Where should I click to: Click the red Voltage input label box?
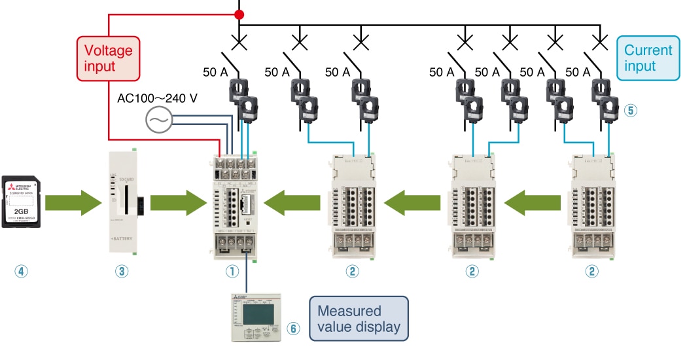tap(108, 58)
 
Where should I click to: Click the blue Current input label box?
tap(648, 58)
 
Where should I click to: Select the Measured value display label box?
tap(359, 319)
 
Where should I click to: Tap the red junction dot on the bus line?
tap(239, 14)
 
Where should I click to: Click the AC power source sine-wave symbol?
tap(158, 119)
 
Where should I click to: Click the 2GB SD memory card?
tap(24, 200)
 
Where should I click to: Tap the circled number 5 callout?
tap(630, 110)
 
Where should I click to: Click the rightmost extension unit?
tap(594, 206)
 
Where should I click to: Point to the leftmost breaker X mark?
tap(239, 45)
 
